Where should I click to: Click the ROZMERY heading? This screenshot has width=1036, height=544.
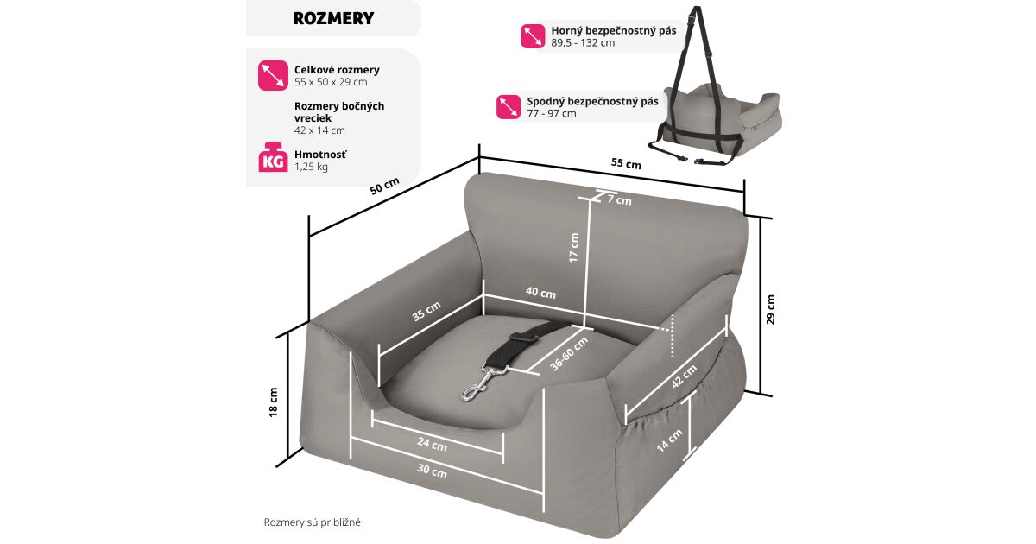(x=332, y=18)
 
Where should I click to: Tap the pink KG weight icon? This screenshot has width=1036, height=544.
(x=273, y=158)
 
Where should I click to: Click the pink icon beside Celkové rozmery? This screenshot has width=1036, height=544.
(x=273, y=75)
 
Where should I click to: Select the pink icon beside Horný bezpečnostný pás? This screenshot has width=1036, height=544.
(x=533, y=35)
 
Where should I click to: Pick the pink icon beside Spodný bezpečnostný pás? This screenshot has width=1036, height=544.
(x=509, y=106)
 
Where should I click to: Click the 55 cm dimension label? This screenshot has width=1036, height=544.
(x=626, y=163)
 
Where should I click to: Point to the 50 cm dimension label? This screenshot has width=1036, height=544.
(x=385, y=186)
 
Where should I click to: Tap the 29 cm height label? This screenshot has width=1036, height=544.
(x=771, y=309)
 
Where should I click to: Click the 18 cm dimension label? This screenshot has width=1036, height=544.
(x=274, y=402)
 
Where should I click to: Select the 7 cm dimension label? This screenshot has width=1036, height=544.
(x=619, y=200)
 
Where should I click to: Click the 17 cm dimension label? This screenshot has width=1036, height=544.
(x=574, y=248)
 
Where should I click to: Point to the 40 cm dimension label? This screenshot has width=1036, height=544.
(x=540, y=293)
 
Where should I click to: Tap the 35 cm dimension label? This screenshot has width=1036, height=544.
(x=426, y=311)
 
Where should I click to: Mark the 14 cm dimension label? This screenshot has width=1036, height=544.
(x=674, y=441)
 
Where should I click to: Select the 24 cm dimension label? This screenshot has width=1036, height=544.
(x=432, y=446)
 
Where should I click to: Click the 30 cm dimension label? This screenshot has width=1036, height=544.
(x=432, y=471)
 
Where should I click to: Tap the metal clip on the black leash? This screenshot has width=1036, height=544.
(x=477, y=383)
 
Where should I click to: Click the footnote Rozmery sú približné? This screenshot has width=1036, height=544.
(x=312, y=522)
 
